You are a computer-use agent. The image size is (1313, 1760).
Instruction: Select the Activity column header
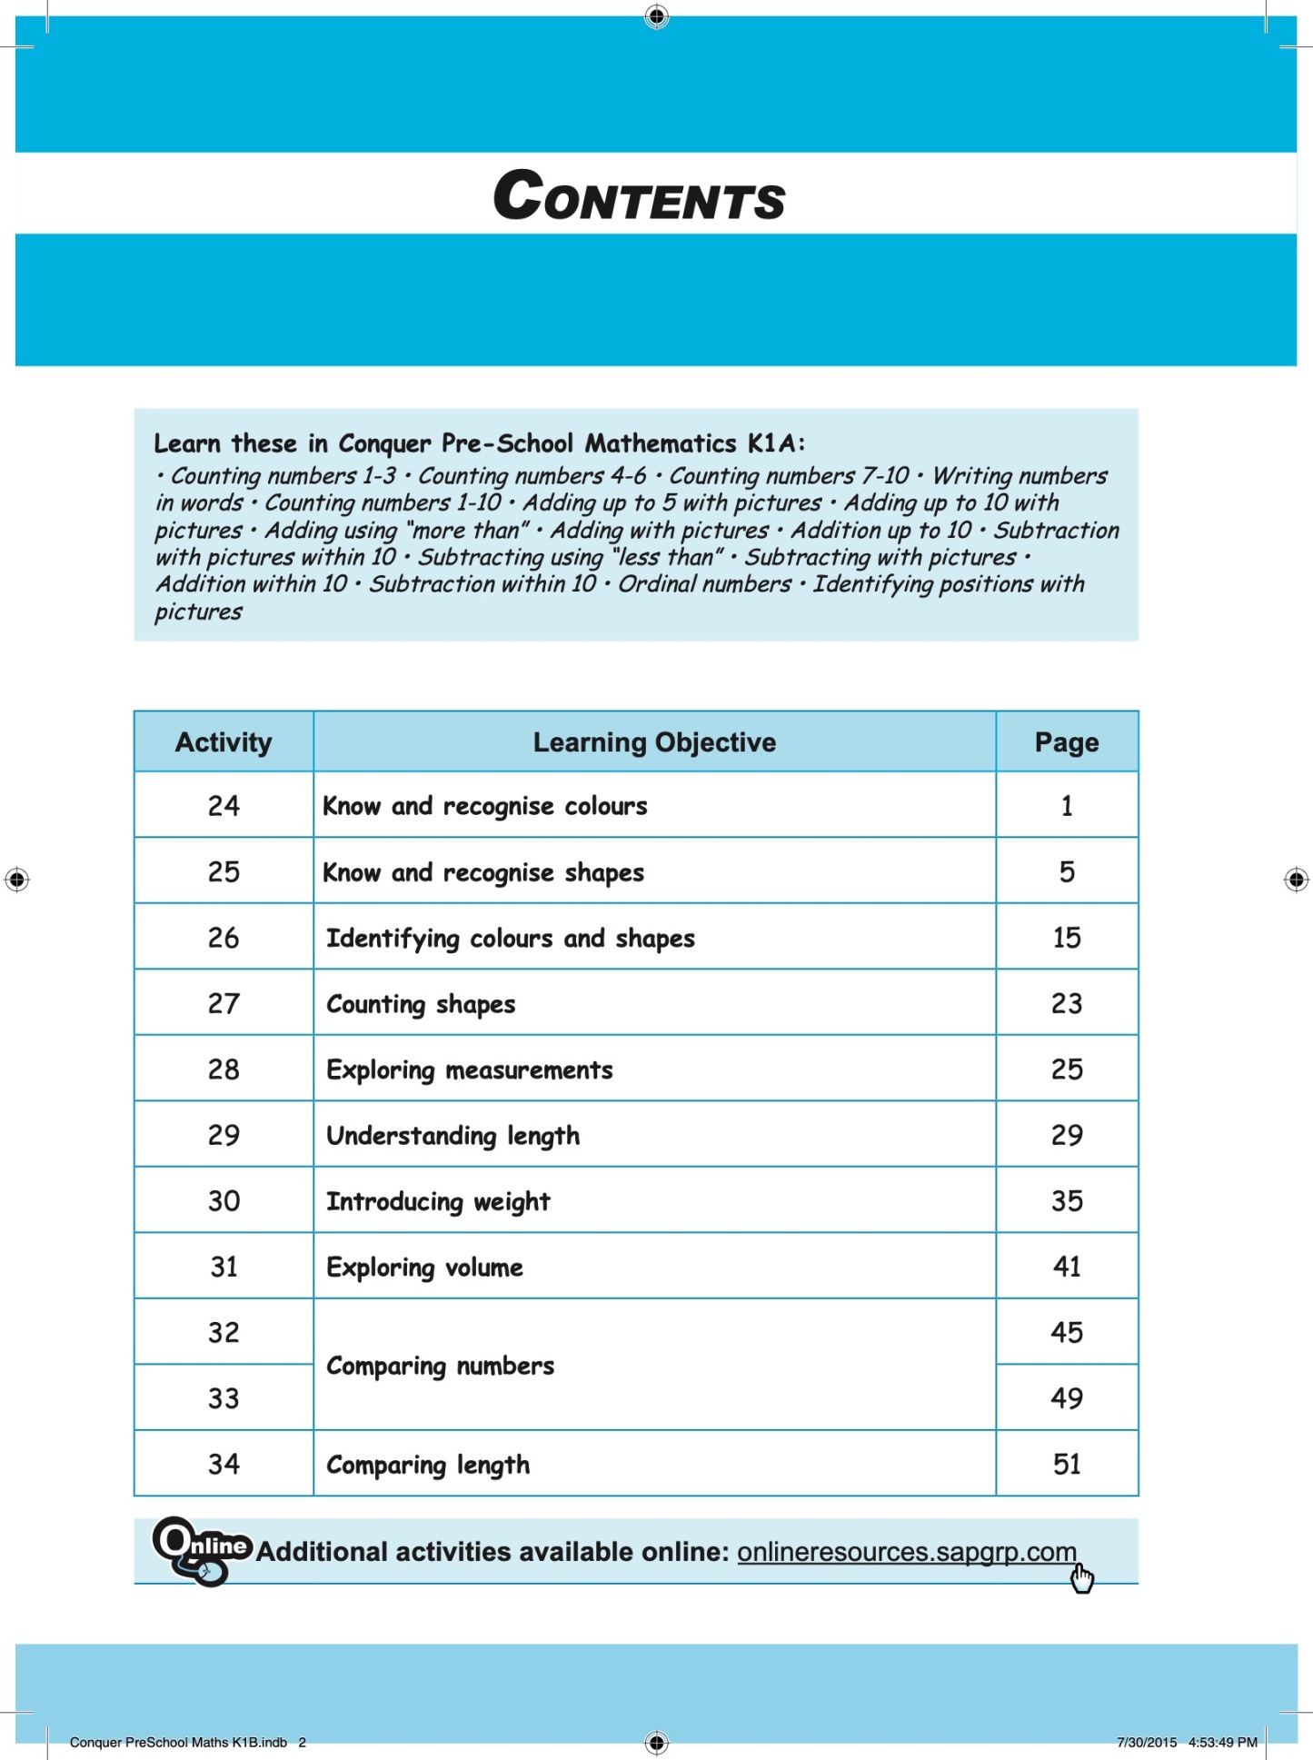224,742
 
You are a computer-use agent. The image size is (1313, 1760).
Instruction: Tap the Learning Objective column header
654,742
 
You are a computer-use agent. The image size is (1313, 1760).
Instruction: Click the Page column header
1066,742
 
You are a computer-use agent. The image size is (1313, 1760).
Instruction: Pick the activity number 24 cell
224,806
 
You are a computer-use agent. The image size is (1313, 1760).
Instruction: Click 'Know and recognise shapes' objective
483,873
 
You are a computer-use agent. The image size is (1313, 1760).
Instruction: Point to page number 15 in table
1066,938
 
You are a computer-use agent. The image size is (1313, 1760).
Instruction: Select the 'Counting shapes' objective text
421,1004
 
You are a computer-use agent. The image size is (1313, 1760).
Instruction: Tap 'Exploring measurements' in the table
469,1070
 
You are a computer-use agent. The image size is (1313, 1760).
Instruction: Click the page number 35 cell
1066,1201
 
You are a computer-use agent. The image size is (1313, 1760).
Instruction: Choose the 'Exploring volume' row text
424,1268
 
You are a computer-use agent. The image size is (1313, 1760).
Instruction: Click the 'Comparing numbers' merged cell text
440,1366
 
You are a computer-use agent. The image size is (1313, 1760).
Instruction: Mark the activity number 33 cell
224,1398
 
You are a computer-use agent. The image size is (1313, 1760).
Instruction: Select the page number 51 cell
1066,1464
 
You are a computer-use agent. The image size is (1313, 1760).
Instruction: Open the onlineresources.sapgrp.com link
906,1552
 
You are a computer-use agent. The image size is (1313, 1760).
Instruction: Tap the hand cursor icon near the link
1081,1579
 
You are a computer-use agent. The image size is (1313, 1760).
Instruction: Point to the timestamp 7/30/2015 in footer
1147,1742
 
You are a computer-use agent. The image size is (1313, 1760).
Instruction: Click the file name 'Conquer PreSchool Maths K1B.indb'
178,1742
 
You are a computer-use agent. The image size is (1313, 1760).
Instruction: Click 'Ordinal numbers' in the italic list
704,584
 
